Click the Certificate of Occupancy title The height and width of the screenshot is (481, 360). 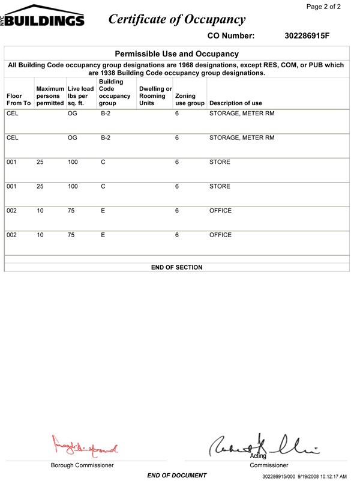[177, 19]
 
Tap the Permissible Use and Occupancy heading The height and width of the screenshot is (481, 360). [176, 54]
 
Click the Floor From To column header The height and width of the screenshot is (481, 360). [18, 99]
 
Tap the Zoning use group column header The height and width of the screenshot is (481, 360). [189, 99]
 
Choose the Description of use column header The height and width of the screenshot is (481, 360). [235, 103]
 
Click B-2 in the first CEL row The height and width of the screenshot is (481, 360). [105, 113]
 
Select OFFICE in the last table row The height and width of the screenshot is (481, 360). [220, 235]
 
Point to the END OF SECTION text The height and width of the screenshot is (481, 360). [176, 267]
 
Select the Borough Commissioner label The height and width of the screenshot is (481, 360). [82, 465]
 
